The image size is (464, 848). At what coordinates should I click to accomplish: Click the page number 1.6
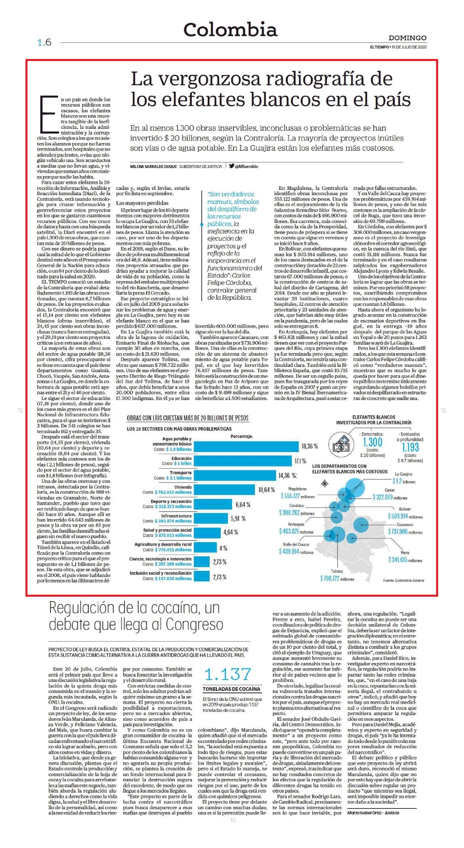pos(44,42)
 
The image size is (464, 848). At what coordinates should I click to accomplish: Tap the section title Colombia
pos(230,29)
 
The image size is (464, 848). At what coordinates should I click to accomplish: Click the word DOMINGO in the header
pos(407,38)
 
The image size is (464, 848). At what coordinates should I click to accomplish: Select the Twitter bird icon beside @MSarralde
pos(232,166)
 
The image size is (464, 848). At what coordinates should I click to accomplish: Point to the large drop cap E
pos(48,115)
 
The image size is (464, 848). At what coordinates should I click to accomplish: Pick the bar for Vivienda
pos(225,490)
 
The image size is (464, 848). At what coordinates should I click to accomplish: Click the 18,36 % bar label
pos(310,446)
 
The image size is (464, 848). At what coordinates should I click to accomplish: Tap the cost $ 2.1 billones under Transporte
pos(179,478)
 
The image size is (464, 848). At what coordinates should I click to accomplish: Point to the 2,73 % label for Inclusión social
pos(219,577)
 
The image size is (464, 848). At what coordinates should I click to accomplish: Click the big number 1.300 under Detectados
pos(372,442)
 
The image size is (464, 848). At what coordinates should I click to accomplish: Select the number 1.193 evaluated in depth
pos(410,447)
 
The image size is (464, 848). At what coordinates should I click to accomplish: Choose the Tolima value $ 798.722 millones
pos(337,579)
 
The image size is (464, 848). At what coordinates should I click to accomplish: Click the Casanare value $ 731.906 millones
pos(405,532)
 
